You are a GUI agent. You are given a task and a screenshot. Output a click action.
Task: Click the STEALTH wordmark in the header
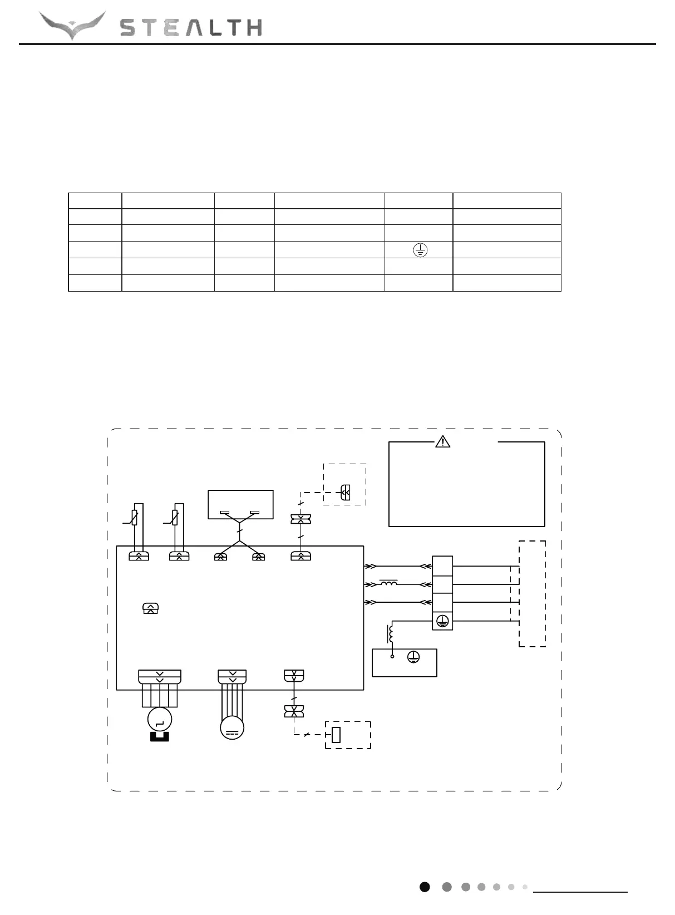[191, 28]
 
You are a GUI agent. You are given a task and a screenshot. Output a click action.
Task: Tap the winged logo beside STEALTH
[72, 26]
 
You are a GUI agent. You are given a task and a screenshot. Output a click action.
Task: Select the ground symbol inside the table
[420, 250]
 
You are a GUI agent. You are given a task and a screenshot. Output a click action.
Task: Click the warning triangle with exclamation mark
[442, 442]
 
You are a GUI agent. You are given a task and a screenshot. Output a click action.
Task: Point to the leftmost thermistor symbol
[135, 518]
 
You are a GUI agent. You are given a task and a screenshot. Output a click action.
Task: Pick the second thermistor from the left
[175, 518]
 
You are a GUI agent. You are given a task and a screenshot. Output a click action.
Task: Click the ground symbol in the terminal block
[442, 621]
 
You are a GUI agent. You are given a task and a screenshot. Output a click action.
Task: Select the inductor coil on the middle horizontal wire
[389, 583]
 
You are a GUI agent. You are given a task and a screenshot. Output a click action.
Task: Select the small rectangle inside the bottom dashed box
[336, 735]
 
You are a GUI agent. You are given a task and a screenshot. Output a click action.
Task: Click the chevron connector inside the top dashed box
[345, 491]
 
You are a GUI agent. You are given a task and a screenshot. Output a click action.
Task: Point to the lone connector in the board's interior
[150, 609]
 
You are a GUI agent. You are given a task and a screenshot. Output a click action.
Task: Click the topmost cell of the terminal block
[442, 565]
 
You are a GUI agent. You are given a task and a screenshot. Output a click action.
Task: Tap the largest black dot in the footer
[425, 887]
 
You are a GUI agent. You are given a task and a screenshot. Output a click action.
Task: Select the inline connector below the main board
[294, 711]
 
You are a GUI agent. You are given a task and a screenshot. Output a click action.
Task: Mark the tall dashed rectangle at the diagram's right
[532, 593]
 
